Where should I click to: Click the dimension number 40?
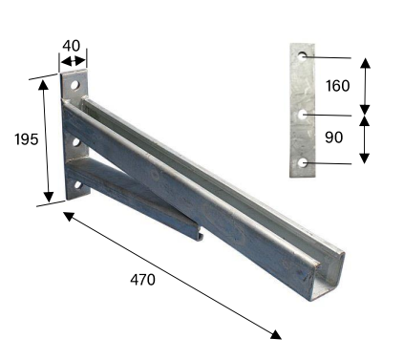point(71,46)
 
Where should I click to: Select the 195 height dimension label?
point(27,139)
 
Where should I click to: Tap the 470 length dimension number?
point(142,280)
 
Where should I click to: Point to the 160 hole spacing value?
point(337,86)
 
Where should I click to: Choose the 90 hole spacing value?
point(334,138)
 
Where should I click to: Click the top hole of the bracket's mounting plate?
point(74,85)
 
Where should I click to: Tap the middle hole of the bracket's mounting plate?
point(76,142)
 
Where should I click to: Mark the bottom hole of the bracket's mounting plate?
point(77,185)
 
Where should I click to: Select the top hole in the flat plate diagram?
point(302,56)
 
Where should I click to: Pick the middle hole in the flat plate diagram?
point(302,115)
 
